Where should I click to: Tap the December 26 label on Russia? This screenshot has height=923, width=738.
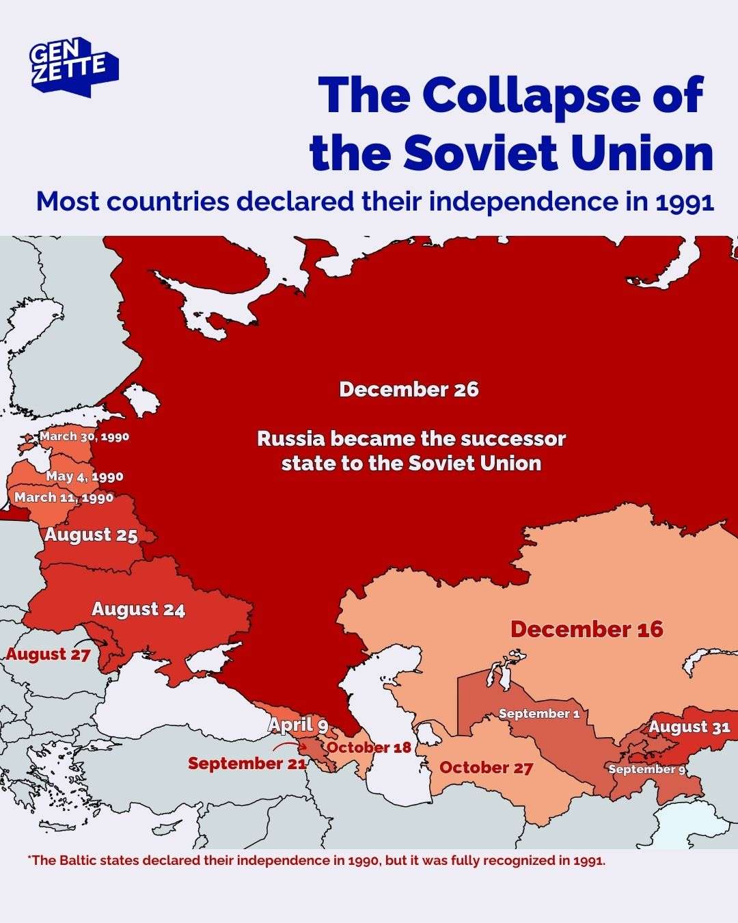coord(409,390)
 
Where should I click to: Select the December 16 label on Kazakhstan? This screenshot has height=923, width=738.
coord(586,629)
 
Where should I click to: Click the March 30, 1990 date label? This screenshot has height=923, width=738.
coord(84,436)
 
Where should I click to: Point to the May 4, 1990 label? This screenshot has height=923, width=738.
coord(85,477)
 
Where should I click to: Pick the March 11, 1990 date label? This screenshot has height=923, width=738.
coord(64,497)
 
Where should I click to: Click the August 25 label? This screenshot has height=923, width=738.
coord(92,535)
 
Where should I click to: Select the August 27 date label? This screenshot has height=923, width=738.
coord(49,654)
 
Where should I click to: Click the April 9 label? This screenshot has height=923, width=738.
coord(298,725)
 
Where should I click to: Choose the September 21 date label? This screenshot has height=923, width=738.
coord(247,763)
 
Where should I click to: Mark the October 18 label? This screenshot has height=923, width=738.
coord(369,747)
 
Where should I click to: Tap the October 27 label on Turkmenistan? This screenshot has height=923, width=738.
coord(486,767)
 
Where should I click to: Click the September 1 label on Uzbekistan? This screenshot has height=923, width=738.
coord(539,713)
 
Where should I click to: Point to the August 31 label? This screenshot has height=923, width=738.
coord(689,727)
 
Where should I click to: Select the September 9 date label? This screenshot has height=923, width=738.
coord(646,769)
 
